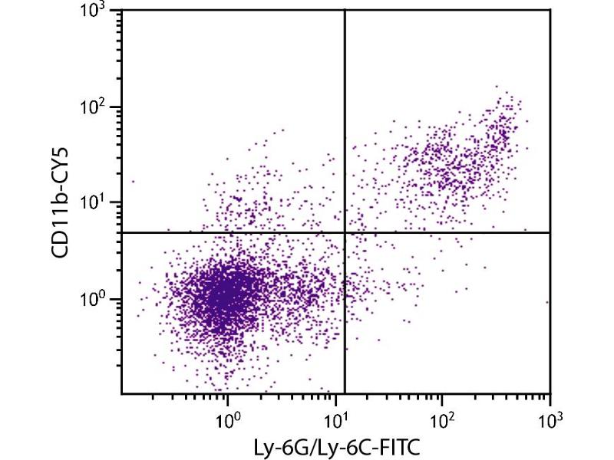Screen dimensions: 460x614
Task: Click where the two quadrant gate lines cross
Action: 345,232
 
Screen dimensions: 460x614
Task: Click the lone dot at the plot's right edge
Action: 547,302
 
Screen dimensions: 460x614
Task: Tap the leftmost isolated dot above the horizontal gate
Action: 133,182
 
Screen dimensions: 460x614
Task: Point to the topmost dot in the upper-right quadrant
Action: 497,87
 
